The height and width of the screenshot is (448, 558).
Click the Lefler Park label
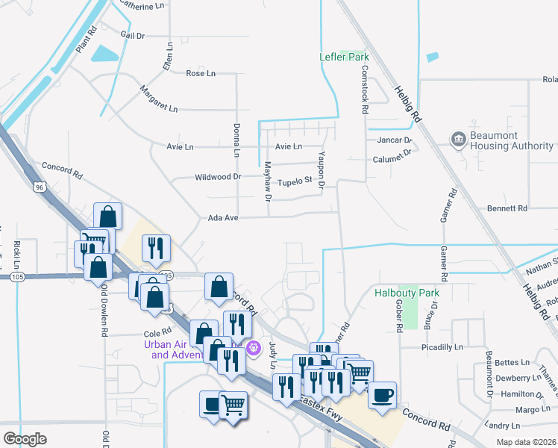point(345,57)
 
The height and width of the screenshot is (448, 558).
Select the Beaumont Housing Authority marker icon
point(457,138)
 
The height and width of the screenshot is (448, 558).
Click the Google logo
point(25,438)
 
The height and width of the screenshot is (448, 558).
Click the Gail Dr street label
point(133,34)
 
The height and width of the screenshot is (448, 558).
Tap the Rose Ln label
point(200,73)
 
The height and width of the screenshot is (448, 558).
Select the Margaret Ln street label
point(159,99)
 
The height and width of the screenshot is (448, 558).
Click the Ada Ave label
point(223,218)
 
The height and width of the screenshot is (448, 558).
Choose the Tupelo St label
point(293,181)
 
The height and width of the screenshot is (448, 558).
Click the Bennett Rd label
point(507,208)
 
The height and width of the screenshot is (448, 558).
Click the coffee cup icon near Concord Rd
point(382,395)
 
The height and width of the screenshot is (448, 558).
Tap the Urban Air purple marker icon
point(254,347)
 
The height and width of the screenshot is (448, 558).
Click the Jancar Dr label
point(393,140)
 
